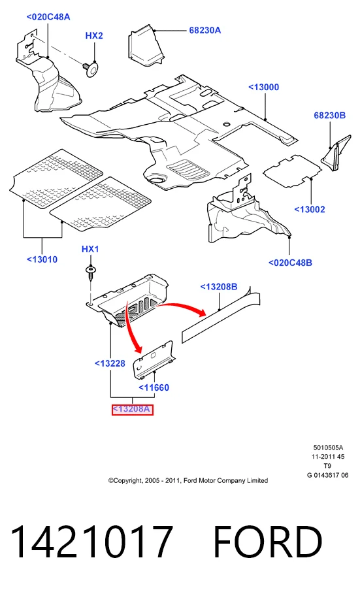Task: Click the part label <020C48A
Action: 48,17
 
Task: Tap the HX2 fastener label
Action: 94,36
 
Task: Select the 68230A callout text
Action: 205,30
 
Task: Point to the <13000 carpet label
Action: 264,87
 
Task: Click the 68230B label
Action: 330,116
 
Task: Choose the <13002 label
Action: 310,210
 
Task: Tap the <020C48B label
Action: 290,263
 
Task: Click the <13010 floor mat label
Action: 42,260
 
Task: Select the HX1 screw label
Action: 90,249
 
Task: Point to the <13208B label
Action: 219,287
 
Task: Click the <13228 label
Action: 110,363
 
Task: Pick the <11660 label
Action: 154,387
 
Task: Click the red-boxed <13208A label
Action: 132,409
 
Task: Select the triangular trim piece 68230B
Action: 336,153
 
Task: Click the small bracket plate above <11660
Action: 153,360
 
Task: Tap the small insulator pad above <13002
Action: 292,169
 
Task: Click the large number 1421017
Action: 91,542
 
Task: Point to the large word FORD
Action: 268,542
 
